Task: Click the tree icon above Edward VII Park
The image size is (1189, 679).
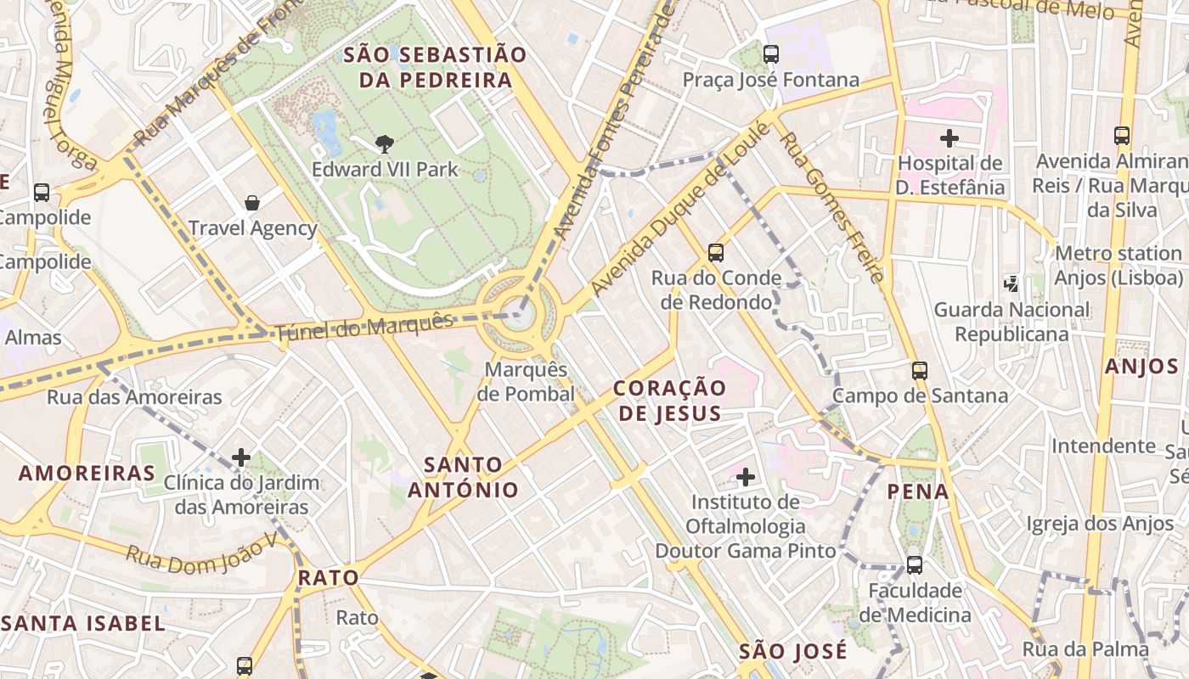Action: pos(384,143)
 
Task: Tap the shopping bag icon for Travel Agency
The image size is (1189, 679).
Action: pos(252,203)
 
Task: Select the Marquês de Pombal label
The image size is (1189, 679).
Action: pos(526,382)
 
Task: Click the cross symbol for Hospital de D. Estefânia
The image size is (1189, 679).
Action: pos(950,137)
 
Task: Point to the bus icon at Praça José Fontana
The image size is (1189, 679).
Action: pos(771,54)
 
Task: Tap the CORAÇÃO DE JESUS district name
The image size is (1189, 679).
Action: pos(669,401)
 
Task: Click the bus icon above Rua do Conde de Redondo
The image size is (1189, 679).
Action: pos(716,252)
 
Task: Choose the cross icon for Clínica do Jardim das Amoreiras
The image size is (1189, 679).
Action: pos(241,458)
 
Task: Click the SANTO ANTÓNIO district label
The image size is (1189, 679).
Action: pos(463,477)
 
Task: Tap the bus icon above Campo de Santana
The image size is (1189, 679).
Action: pos(920,370)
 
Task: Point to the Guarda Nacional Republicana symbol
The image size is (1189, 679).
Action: pos(1011,283)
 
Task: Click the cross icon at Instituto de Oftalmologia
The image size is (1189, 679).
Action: pos(746,477)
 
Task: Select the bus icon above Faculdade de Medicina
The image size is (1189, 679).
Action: pos(915,565)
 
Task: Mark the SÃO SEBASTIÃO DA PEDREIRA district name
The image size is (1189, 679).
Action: pos(435,68)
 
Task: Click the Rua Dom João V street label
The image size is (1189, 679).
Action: pos(202,549)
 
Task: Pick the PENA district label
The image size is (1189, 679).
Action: pos(918,491)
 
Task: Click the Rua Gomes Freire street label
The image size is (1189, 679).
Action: pos(833,208)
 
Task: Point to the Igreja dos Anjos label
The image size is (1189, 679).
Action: pos(1100,524)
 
